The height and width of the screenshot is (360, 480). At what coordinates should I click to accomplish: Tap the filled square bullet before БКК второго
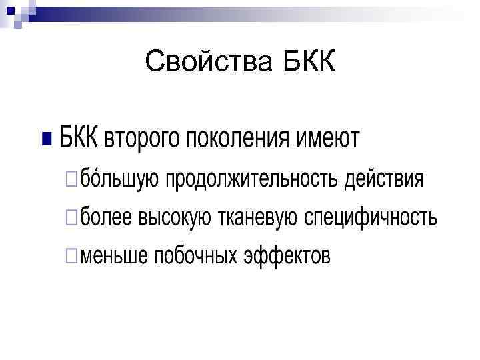(46, 139)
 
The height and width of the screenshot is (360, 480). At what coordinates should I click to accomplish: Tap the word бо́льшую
(119, 179)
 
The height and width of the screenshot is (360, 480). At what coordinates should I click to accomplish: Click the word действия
(384, 179)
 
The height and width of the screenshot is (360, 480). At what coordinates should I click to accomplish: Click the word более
(107, 217)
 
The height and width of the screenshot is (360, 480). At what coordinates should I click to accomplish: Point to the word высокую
(176, 217)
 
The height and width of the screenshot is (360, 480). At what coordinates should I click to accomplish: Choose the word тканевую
(258, 217)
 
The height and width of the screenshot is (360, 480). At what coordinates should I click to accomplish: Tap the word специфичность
(371, 217)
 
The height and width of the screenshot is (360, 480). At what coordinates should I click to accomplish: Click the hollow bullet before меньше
(71, 256)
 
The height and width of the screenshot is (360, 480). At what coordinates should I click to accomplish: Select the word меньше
(114, 255)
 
